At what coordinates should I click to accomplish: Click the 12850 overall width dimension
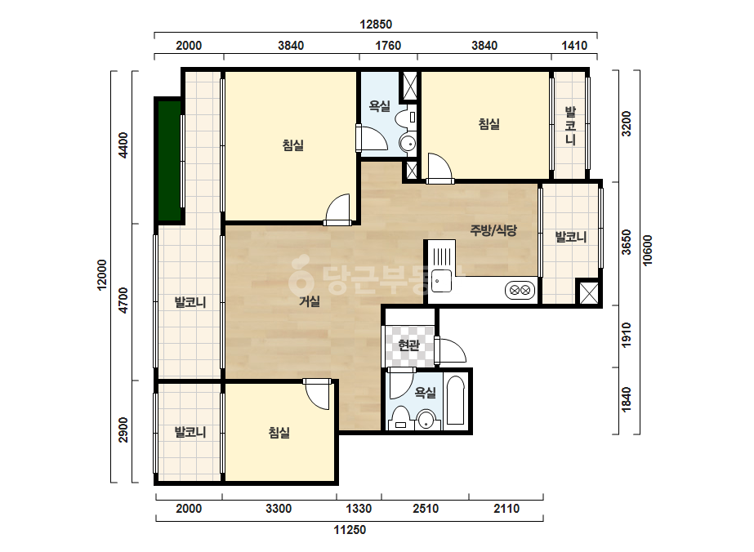(376, 24)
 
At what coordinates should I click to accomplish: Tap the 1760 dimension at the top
(388, 46)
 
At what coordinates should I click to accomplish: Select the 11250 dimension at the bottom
(350, 530)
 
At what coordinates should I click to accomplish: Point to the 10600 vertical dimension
(647, 250)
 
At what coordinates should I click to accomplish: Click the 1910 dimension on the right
(626, 336)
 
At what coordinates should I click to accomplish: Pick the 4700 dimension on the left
(123, 300)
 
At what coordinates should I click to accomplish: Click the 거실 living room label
(310, 301)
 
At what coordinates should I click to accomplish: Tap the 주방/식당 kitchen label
(493, 230)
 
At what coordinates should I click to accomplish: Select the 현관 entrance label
(409, 345)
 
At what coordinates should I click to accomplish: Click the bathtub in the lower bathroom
(455, 401)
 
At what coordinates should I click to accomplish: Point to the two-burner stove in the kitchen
(520, 291)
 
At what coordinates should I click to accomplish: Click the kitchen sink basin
(441, 281)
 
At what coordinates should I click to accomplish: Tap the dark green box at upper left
(168, 160)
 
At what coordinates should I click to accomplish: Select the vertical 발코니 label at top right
(570, 126)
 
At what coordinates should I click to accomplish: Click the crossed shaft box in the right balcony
(589, 292)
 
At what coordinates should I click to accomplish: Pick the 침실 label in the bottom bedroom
(279, 433)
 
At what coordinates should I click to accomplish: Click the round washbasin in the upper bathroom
(408, 143)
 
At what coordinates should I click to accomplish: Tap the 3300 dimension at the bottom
(279, 509)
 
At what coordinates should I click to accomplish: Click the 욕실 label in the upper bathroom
(379, 106)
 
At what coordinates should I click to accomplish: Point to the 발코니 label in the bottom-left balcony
(190, 432)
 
